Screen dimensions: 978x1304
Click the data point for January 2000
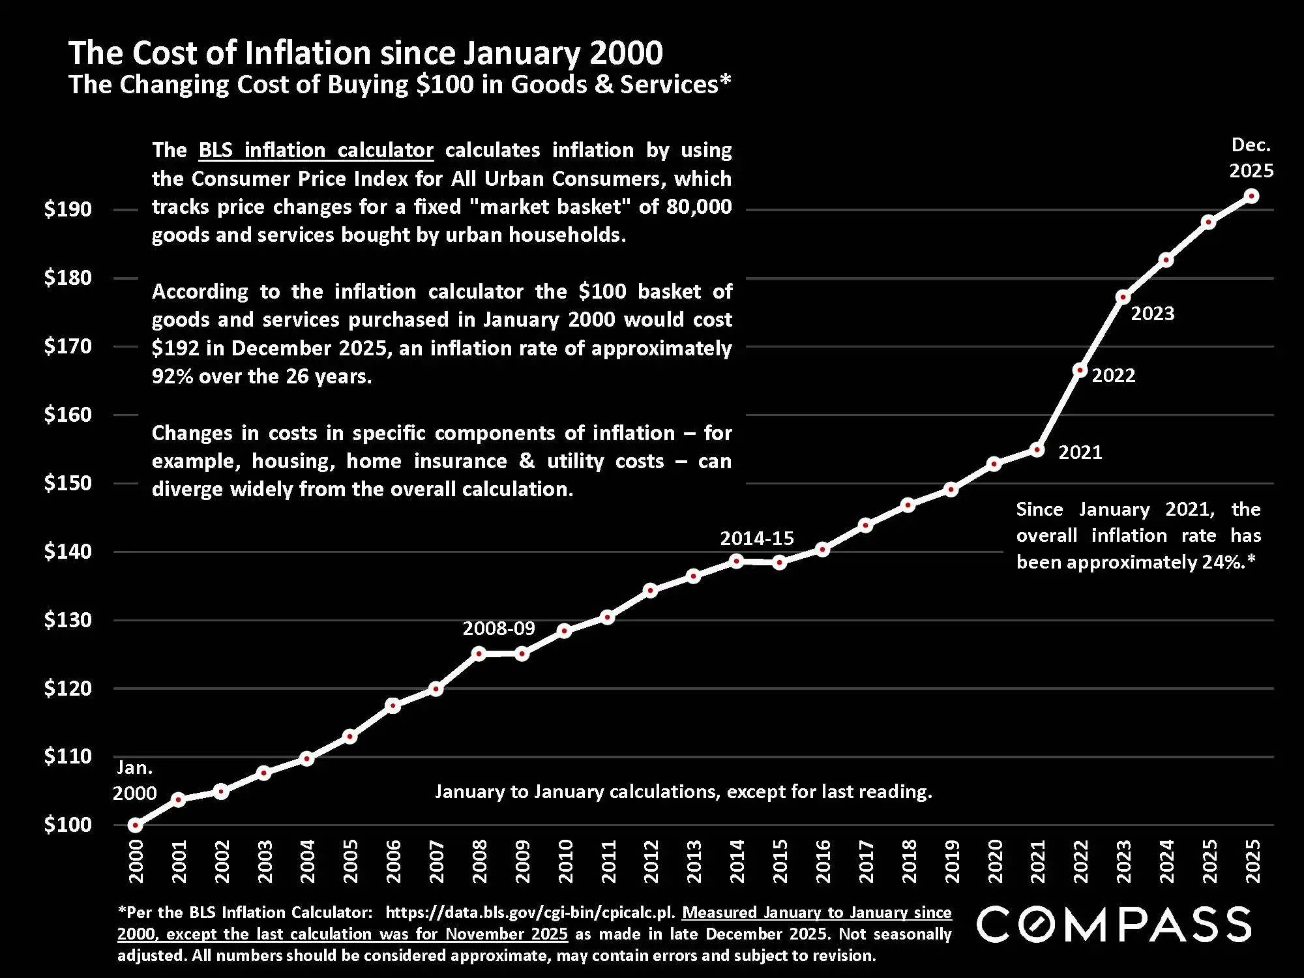135,825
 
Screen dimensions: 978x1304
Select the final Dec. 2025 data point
1251,196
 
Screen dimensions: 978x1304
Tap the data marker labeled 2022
1080,370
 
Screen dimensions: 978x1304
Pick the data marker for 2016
822,550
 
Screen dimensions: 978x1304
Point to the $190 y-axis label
68,209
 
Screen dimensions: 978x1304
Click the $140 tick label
68,552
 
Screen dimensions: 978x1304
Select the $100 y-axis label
68,825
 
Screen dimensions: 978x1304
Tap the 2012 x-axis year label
651,861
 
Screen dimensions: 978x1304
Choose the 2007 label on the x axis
436,861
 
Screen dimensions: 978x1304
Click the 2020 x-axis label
995,861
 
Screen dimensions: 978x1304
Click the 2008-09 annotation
499,629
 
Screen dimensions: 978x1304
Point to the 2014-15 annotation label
757,539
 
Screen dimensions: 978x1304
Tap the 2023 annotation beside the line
1152,314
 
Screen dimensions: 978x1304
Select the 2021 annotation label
1080,452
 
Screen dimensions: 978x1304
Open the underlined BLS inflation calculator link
316,151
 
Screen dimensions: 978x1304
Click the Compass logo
1114,925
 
